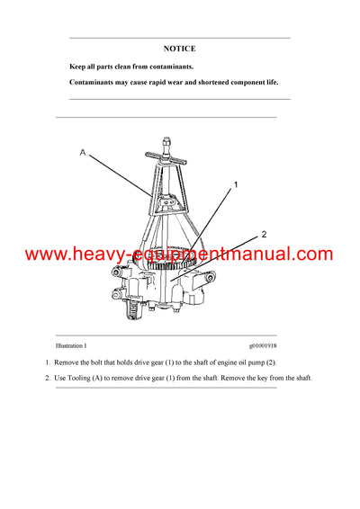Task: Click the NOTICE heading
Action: coord(180,49)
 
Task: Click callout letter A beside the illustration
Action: coord(83,153)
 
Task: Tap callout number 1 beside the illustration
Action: coord(235,185)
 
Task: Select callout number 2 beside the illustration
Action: coord(264,234)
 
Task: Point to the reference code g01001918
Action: coord(267,345)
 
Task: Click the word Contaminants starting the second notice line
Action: coord(94,84)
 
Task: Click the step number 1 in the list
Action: coord(48,362)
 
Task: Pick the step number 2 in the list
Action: coord(48,378)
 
